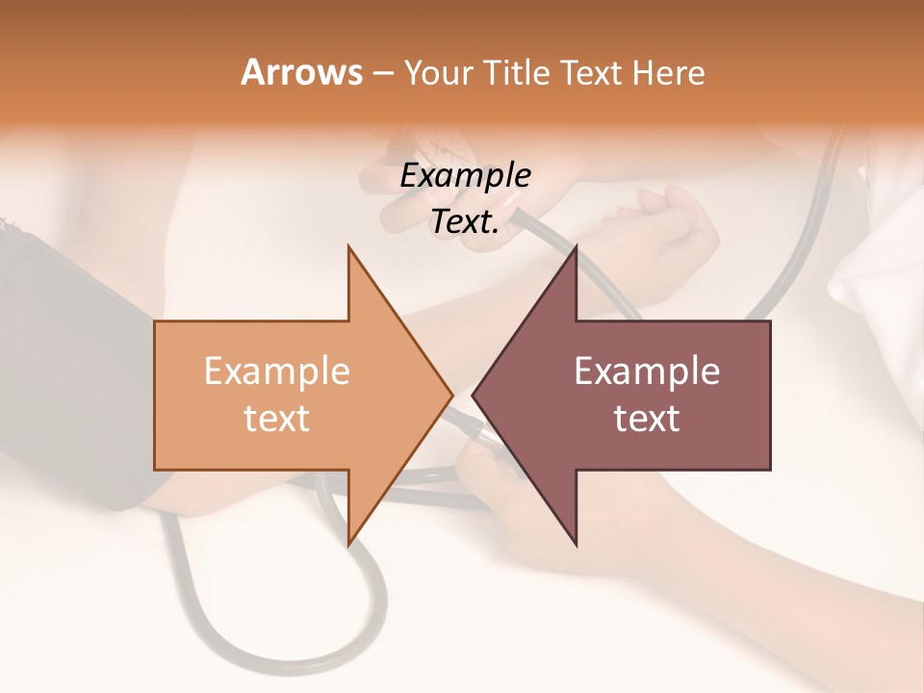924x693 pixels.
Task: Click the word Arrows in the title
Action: (x=301, y=72)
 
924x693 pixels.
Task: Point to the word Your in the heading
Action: (x=438, y=72)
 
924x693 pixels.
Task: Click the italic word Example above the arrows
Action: (x=465, y=176)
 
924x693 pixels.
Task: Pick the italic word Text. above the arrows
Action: (x=465, y=222)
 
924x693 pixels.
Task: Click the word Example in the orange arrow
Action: (x=277, y=371)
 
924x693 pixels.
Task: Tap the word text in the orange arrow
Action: (x=277, y=418)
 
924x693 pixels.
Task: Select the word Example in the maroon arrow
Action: (x=647, y=371)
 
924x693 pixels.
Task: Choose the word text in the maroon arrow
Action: (x=647, y=418)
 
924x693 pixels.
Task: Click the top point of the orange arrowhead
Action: (x=349, y=248)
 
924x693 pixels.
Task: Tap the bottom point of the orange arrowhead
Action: (x=349, y=543)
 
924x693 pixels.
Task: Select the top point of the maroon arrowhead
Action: (x=576, y=248)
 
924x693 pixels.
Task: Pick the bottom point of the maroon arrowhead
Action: (x=576, y=543)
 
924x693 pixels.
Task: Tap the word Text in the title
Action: (x=592, y=72)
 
